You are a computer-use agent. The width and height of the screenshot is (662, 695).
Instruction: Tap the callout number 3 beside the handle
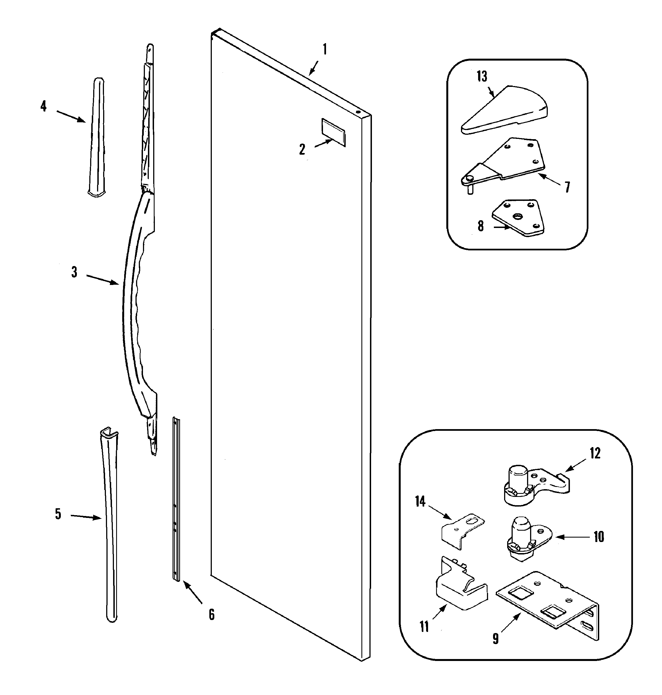click(74, 272)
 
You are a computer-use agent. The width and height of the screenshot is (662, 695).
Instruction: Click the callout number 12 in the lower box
click(595, 453)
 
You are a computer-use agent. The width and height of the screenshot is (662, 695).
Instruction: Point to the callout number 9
click(496, 638)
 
